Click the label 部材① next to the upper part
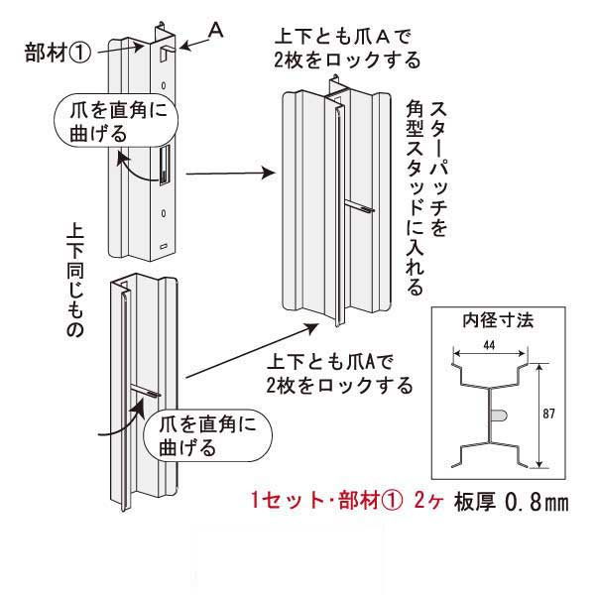point(58,51)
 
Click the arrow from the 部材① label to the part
point(123,45)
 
